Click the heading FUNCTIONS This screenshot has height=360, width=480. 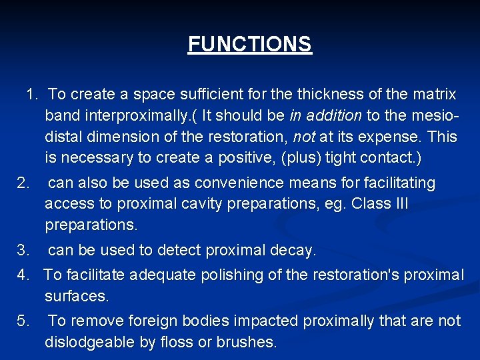[249, 44]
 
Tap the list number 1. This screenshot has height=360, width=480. [31, 94]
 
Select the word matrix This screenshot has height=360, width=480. [432, 94]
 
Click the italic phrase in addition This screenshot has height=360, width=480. [325, 115]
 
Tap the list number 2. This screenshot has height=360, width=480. [23, 183]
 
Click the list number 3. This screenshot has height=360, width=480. [23, 251]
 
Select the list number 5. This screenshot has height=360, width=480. [23, 321]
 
